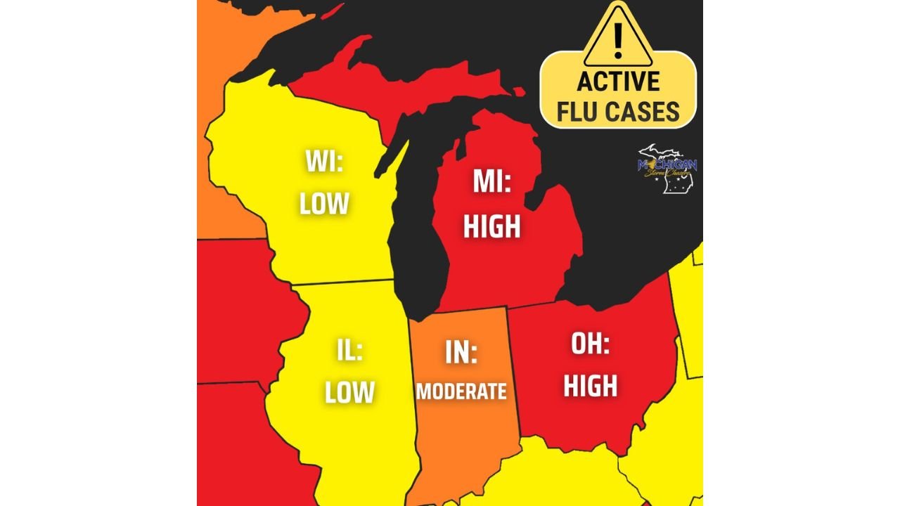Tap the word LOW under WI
point(324,204)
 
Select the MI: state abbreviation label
point(491,183)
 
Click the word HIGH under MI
point(491,226)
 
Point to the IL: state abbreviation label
point(349,350)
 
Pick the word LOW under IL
point(349,392)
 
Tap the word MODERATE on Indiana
point(461,391)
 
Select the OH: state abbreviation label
point(590,344)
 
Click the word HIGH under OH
point(590,386)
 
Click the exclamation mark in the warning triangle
point(618,41)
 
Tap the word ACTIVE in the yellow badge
point(618,82)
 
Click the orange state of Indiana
point(464,436)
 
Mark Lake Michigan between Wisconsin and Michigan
point(418,232)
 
